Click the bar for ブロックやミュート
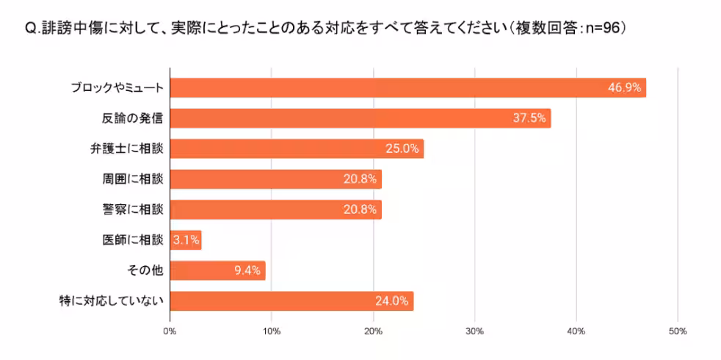pos(407,87)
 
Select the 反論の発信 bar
pos(360,118)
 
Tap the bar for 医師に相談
pos(185,240)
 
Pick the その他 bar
pos(217,270)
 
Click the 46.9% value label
pos(624,87)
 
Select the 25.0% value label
pos(402,148)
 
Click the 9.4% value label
pos(247,270)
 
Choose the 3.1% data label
pos(185,240)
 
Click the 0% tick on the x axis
pos(170,331)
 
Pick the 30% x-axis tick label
pos(475,331)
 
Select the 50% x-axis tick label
pos(678,331)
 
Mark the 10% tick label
pos(272,331)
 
